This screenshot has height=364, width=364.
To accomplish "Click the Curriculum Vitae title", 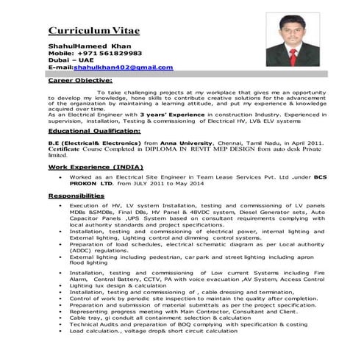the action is (x=93, y=31).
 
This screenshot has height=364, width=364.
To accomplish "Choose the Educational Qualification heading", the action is (x=93, y=129).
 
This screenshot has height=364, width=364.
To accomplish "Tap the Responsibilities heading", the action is (x=76, y=196).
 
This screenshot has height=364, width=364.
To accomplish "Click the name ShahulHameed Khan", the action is (x=85, y=46).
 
